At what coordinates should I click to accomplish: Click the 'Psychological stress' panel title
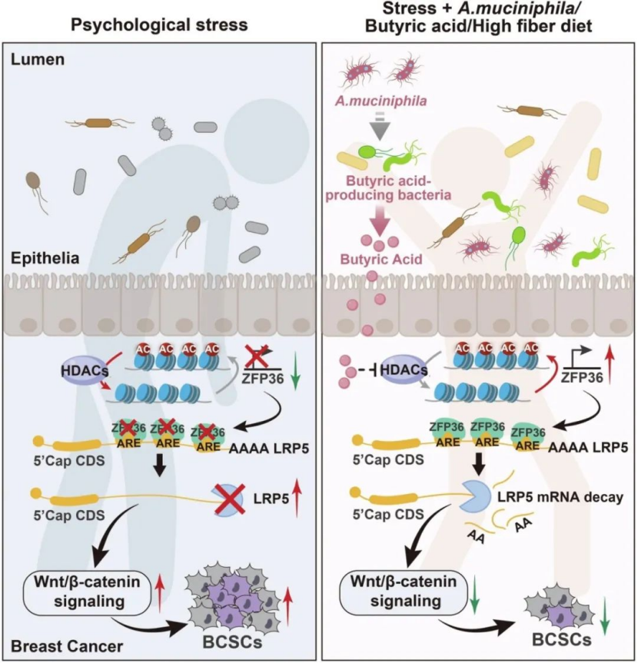pos(159,24)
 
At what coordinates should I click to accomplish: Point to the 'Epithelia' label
pos(40,258)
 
